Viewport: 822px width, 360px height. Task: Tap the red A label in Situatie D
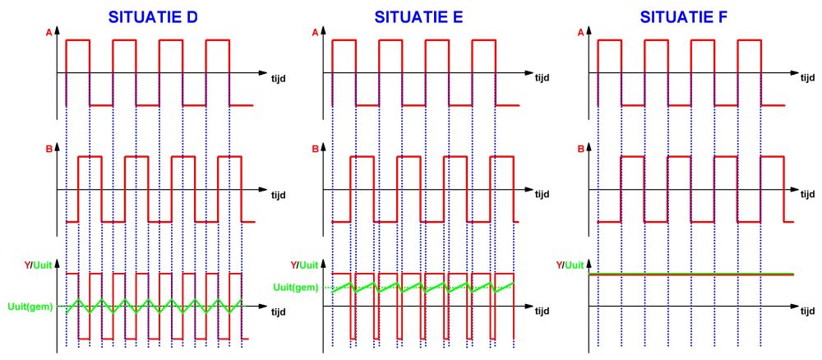[x=48, y=32]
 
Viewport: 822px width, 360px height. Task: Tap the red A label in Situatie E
[x=315, y=32]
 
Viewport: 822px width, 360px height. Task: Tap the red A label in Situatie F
[x=581, y=32]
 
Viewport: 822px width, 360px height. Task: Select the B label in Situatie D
[x=48, y=150]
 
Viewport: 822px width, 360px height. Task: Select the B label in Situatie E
[x=315, y=150]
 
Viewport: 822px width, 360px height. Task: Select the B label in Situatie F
[x=581, y=150]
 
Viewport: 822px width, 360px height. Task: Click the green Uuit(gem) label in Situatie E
[x=296, y=286]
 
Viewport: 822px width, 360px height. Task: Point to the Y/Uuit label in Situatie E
[x=306, y=265]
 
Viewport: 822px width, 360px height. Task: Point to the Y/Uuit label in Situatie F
[x=571, y=265]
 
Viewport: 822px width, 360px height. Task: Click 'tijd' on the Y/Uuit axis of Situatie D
[x=279, y=313]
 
